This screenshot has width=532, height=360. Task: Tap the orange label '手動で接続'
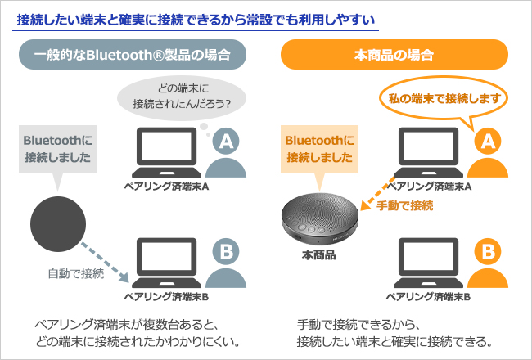(404, 206)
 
